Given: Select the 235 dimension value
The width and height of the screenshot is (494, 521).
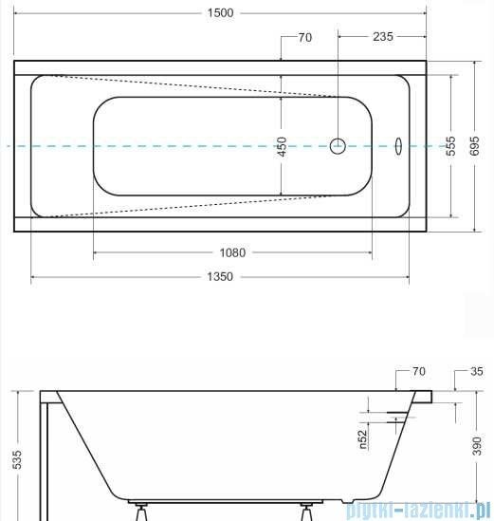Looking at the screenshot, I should pyautogui.click(x=381, y=38).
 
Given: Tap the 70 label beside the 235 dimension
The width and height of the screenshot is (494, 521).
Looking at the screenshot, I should pyautogui.click(x=304, y=38).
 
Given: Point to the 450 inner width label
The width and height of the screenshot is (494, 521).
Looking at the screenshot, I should pyautogui.click(x=282, y=146).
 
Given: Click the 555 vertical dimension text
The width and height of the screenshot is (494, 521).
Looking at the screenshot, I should pyautogui.click(x=452, y=146).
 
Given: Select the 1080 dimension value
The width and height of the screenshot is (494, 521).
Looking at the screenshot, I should pyautogui.click(x=232, y=252).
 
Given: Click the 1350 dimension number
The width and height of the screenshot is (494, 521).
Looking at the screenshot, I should pyautogui.click(x=220, y=277).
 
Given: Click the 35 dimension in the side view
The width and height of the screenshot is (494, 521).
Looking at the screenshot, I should pyautogui.click(x=477, y=371).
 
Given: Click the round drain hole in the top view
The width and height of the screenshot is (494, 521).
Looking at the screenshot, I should pyautogui.click(x=338, y=146).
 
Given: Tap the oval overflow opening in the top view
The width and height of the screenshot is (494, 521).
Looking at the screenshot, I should pyautogui.click(x=398, y=146).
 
